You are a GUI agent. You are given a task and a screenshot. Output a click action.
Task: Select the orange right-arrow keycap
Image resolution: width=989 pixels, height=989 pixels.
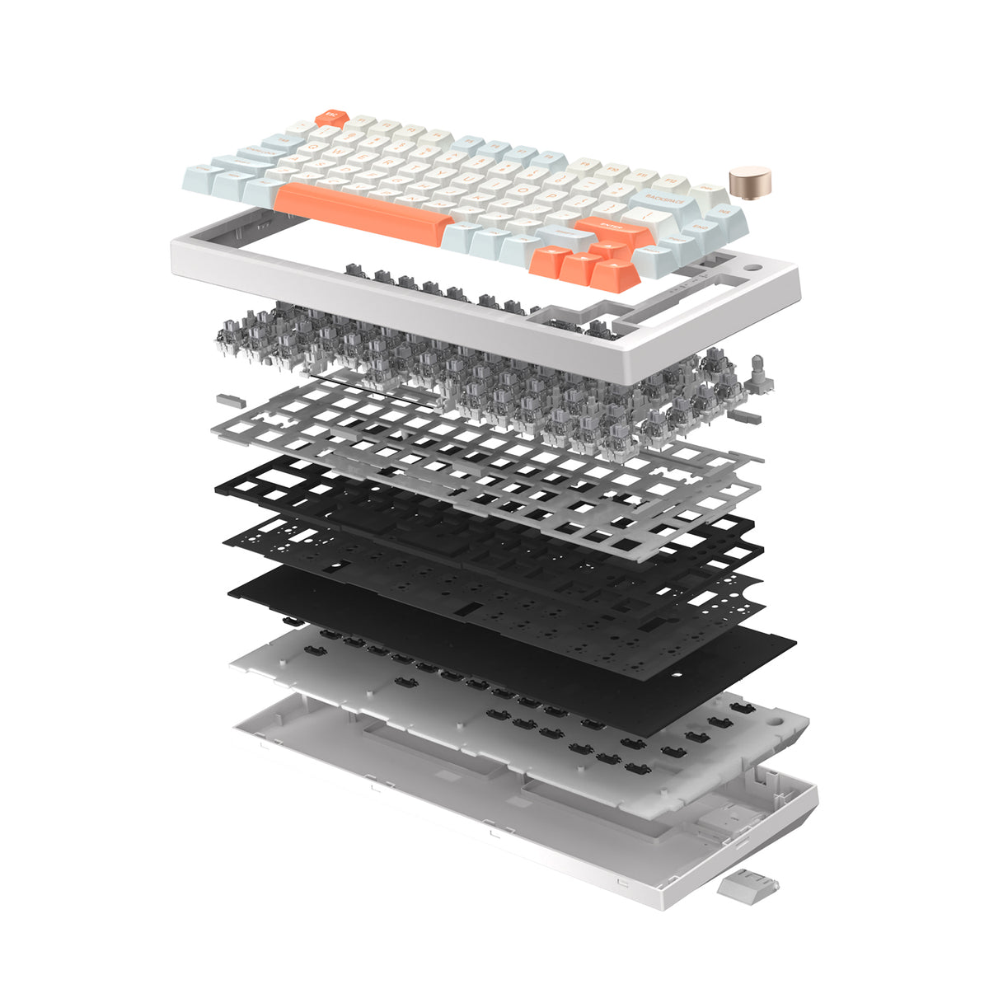tap(616, 274)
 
